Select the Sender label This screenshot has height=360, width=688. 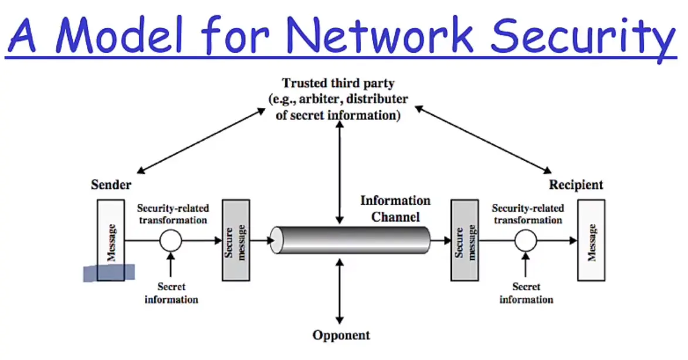[111, 185]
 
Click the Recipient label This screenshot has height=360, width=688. [575, 185]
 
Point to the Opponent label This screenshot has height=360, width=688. [341, 335]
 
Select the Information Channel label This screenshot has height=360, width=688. [395, 209]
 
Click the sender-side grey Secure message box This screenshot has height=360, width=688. [236, 239]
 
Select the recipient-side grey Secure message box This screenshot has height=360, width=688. [465, 240]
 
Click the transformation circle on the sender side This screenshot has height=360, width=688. [171, 240]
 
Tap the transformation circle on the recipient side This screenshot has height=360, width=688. [526, 240]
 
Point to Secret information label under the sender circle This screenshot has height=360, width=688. [171, 293]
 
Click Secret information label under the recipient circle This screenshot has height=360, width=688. [526, 293]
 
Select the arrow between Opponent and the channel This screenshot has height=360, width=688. [340, 290]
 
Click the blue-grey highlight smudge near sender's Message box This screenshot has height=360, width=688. [109, 273]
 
